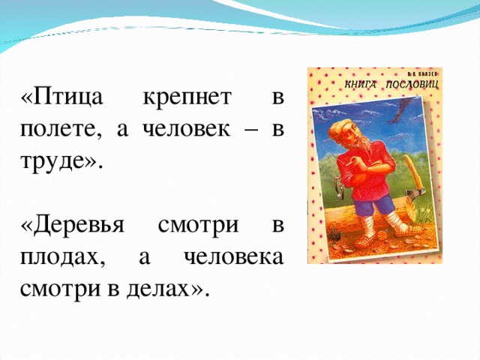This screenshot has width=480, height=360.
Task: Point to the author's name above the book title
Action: [416, 75]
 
